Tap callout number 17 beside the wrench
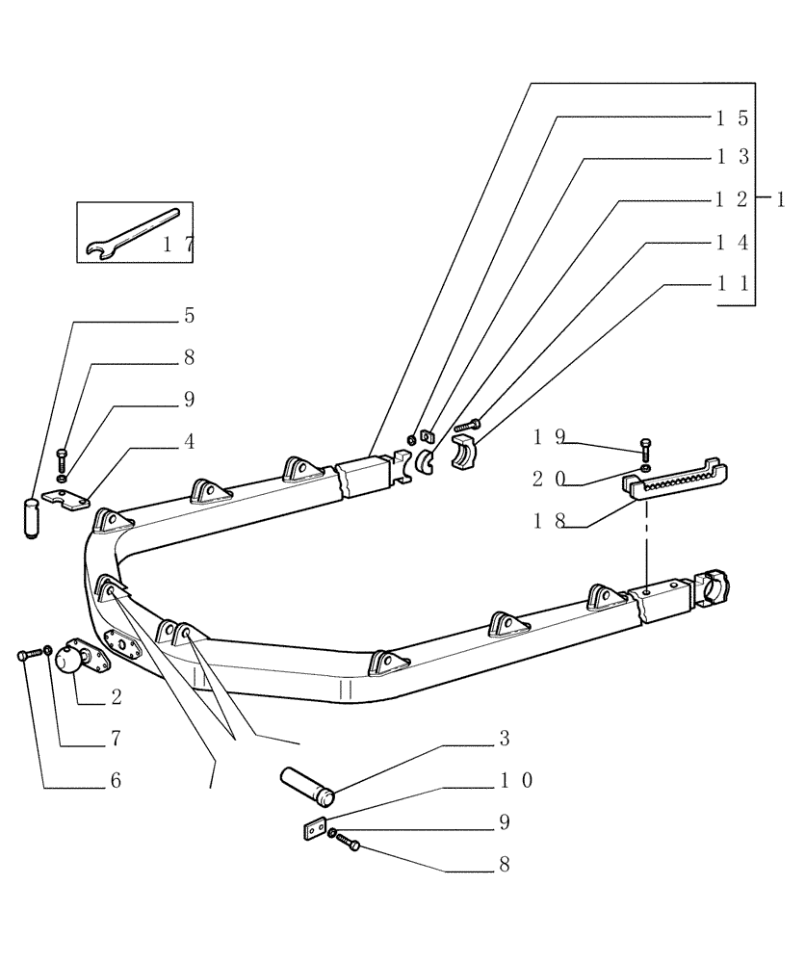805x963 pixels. [x=177, y=246]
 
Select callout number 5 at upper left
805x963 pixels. [x=190, y=316]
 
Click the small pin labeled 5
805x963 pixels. [x=33, y=519]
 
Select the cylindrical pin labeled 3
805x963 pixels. [x=308, y=782]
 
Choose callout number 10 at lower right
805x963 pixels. [x=515, y=780]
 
